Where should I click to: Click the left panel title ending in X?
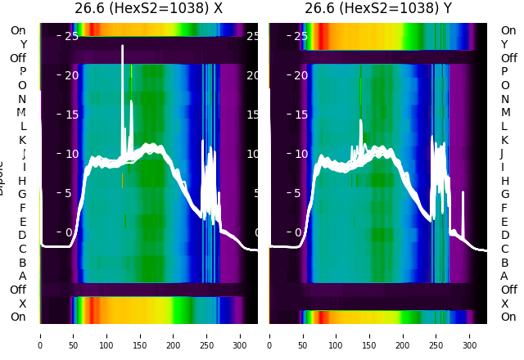[x=148, y=9]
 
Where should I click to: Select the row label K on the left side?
[x=22, y=140]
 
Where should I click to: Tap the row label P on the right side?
[x=504, y=72]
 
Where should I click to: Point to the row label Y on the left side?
[x=23, y=44]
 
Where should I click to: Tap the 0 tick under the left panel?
[x=39, y=335]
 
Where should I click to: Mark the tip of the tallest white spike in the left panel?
[x=122, y=47]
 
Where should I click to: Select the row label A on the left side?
[x=22, y=276]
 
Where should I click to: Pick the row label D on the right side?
[x=504, y=235]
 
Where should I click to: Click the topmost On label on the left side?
[x=18, y=30]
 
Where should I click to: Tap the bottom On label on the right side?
[x=508, y=317]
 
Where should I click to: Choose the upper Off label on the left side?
[x=18, y=58]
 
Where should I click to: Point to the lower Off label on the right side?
[x=508, y=290]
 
